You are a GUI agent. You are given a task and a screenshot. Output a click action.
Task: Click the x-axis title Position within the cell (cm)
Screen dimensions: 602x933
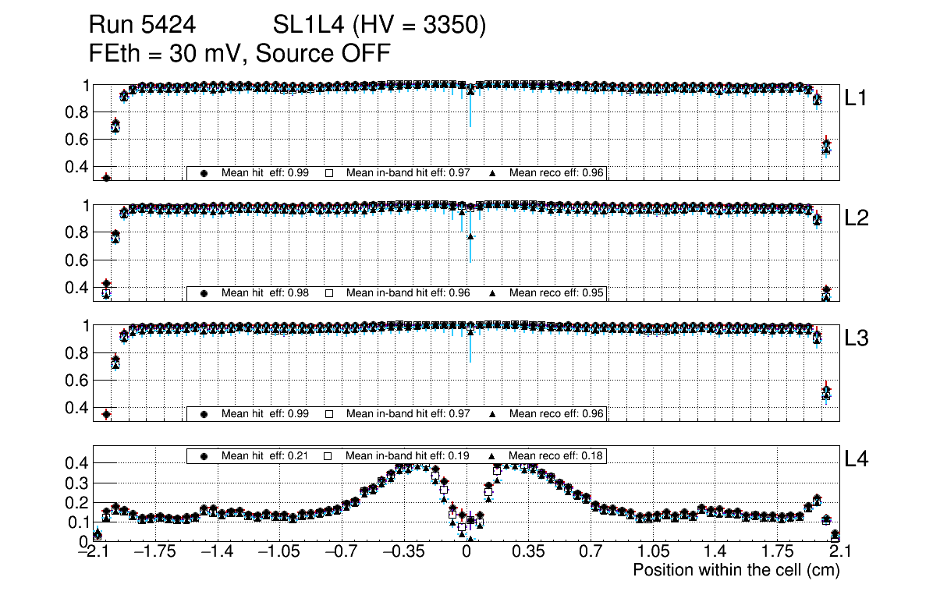[736, 570]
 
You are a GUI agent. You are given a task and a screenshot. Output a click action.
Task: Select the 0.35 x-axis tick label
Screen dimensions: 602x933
[528, 553]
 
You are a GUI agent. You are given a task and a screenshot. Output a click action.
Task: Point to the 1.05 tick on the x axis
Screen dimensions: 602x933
[653, 553]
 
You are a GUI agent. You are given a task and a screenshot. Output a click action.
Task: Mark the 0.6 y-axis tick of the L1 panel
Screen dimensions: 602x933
[76, 140]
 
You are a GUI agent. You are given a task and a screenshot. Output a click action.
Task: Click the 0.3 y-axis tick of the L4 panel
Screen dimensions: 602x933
[76, 483]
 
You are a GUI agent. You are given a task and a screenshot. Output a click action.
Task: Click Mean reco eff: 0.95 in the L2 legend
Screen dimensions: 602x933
[556, 293]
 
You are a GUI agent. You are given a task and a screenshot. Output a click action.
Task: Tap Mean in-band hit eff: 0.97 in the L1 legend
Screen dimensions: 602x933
[407, 173]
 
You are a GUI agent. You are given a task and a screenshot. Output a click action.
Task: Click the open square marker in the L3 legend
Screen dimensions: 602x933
[329, 413]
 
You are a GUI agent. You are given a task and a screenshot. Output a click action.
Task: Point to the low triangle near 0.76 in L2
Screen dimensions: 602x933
[470, 236]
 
